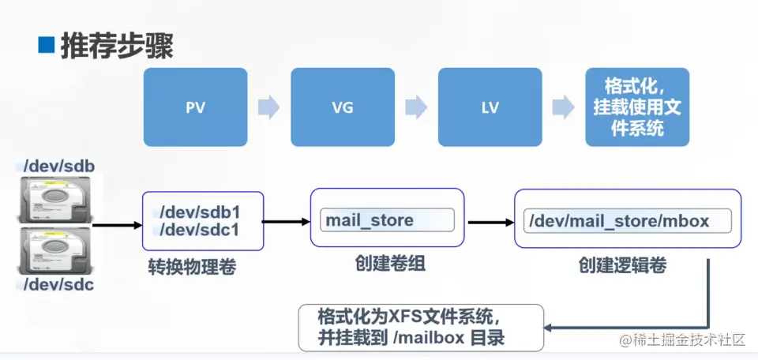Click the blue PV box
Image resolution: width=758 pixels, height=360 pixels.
(x=195, y=107)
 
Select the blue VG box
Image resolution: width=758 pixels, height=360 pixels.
(x=343, y=107)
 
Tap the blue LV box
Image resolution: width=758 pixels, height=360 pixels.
(x=490, y=107)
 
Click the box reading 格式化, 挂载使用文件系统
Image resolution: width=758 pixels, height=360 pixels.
(x=637, y=107)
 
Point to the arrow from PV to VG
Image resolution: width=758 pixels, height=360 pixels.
(x=268, y=107)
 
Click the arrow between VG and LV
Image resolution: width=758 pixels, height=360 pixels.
(x=416, y=107)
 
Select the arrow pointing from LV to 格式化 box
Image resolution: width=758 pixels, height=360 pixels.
(x=564, y=107)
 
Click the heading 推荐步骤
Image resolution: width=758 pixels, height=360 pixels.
(x=117, y=47)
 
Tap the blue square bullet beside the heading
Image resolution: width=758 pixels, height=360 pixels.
(x=47, y=45)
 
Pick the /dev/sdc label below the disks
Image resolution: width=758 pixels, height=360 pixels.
(x=58, y=285)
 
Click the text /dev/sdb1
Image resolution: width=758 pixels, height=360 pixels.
(x=200, y=212)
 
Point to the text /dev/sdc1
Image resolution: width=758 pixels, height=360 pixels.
(x=200, y=230)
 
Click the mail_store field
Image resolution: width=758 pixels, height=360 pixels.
(x=387, y=220)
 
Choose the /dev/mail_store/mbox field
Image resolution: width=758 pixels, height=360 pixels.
(x=628, y=221)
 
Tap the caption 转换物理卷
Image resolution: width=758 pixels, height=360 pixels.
(x=192, y=267)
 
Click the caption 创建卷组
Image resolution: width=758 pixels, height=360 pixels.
(x=390, y=264)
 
